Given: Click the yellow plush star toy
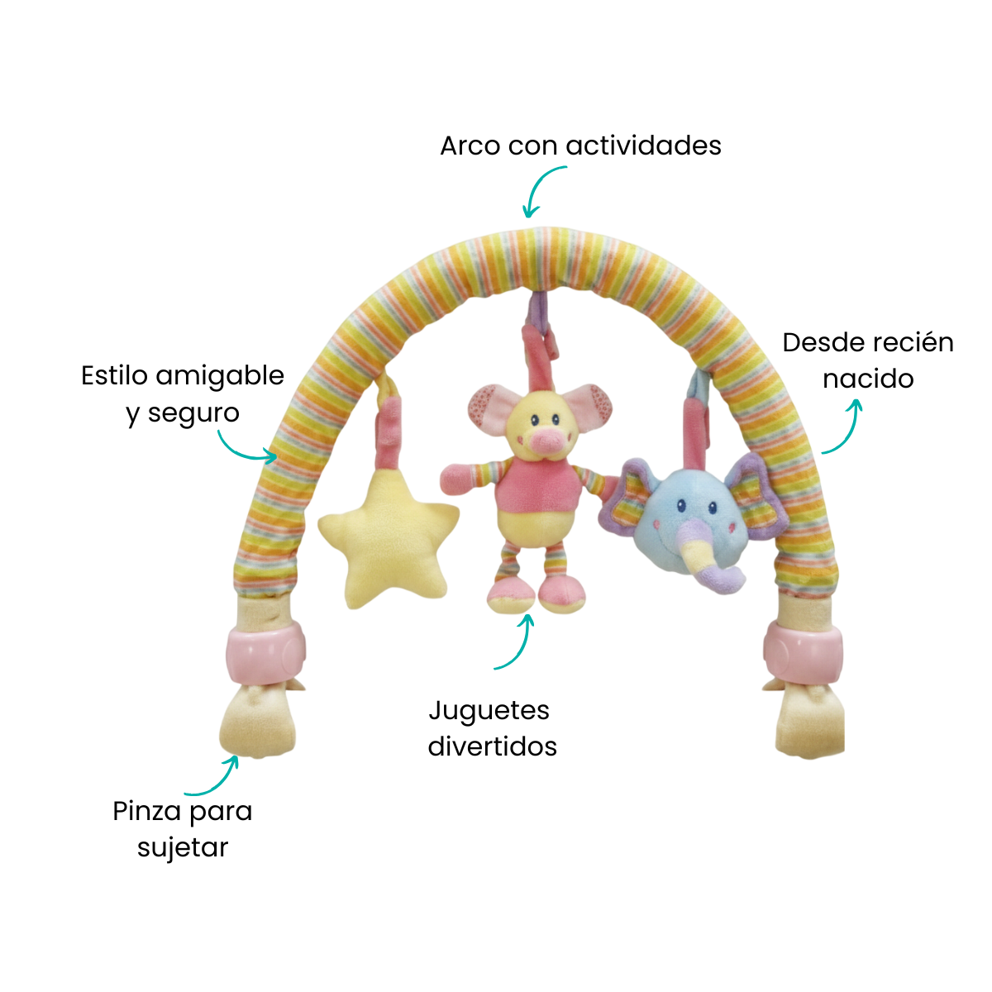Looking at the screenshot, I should [387, 534].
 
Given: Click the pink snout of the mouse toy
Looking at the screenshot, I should [544, 441].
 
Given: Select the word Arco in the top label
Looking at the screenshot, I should [470, 146].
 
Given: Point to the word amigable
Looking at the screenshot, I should [220, 377].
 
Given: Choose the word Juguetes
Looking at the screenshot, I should [489, 711].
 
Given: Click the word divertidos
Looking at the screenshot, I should [493, 746].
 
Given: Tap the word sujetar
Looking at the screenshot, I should [183, 848].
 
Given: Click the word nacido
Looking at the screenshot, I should [868, 379].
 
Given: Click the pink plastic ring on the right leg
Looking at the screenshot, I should [803, 650].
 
